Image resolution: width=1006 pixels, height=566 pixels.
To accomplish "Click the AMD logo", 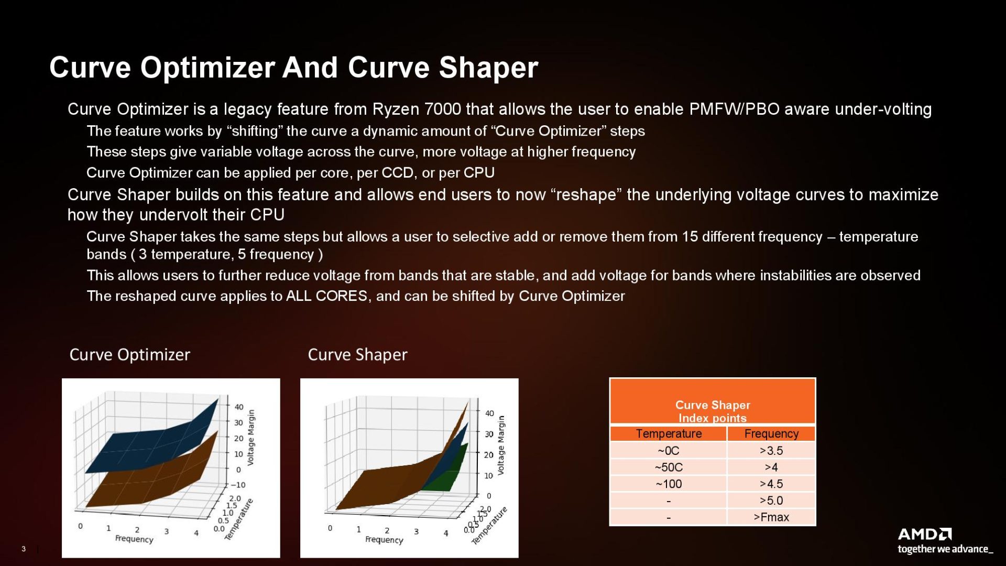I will pyautogui.click(x=924, y=534).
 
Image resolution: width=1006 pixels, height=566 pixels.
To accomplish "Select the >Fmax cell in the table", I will pyautogui.click(x=771, y=517).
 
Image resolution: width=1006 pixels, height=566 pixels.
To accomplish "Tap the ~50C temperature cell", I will pyautogui.click(x=669, y=467).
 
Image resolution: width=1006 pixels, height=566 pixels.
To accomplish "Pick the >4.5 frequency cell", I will pyautogui.click(x=771, y=484).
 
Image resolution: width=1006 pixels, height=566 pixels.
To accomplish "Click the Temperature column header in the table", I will pyautogui.click(x=669, y=434).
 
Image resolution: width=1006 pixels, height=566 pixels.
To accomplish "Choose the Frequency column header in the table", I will pyautogui.click(x=771, y=434).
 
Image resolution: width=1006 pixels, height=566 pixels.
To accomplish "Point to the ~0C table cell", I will pyautogui.click(x=669, y=451).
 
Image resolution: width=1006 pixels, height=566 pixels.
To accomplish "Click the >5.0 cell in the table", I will pyautogui.click(x=771, y=500).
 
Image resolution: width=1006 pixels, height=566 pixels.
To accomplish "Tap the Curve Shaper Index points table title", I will pyautogui.click(x=713, y=411).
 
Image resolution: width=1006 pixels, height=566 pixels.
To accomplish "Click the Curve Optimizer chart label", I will pyautogui.click(x=130, y=355).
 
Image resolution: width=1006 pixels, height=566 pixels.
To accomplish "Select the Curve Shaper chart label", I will pyautogui.click(x=357, y=355).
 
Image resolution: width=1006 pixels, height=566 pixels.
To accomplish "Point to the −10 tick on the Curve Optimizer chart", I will pyautogui.click(x=238, y=485).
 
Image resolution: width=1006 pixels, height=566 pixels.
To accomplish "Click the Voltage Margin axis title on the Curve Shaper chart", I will pyautogui.click(x=501, y=445).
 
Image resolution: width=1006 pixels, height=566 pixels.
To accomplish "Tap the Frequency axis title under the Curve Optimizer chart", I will pyautogui.click(x=134, y=539).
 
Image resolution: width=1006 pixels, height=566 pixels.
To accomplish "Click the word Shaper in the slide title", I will pyautogui.click(x=488, y=68).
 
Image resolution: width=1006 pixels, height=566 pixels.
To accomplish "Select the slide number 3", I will pyautogui.click(x=24, y=549).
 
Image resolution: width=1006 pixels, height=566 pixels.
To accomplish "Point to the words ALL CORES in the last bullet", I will pyautogui.click(x=326, y=296).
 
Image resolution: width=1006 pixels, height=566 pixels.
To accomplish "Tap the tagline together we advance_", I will pyautogui.click(x=945, y=549).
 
